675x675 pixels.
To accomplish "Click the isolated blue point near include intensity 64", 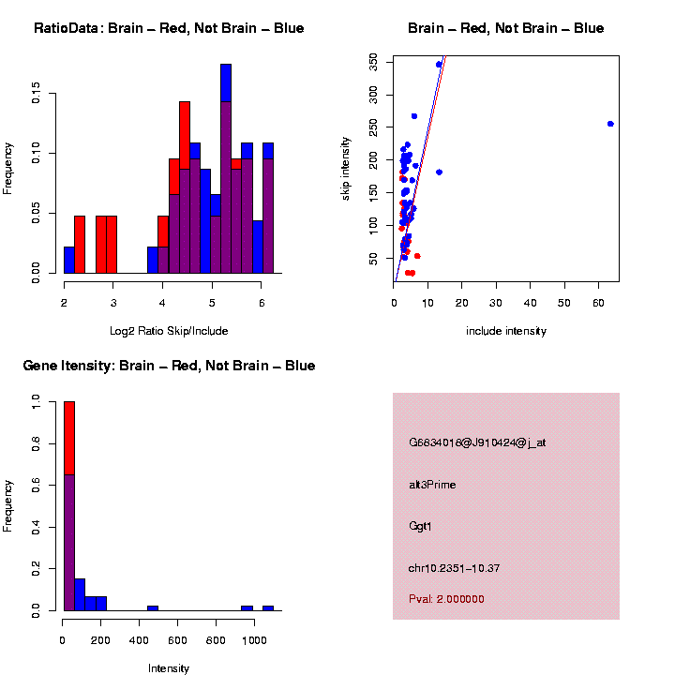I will (610, 124).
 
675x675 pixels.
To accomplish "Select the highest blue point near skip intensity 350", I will (439, 65).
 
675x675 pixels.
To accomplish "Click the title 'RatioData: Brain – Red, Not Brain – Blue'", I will (169, 28).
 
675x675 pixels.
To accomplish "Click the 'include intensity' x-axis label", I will (506, 331).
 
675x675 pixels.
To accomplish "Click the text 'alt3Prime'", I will (432, 485).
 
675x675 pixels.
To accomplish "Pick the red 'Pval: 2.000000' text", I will (446, 599).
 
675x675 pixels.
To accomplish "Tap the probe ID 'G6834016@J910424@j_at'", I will (476, 442).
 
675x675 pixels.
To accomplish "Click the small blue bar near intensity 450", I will (152, 607).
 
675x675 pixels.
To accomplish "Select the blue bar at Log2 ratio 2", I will (69, 260).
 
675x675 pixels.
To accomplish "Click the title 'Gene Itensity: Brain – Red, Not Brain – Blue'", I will (169, 366).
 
